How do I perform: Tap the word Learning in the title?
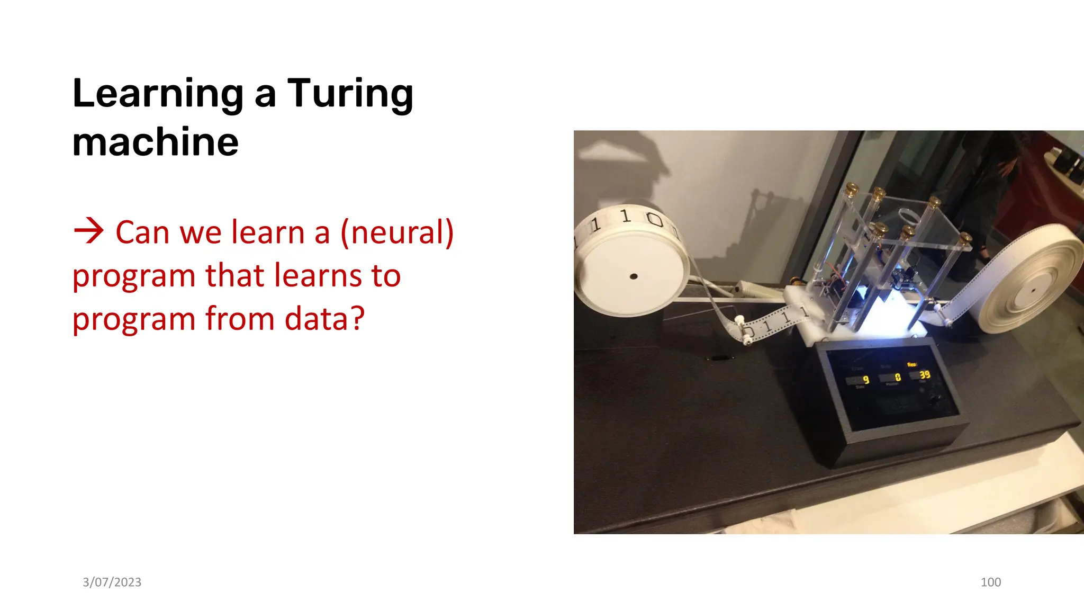click(158, 94)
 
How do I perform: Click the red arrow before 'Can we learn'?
click(88, 231)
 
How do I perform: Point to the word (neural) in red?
click(397, 232)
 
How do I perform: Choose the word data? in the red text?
click(324, 319)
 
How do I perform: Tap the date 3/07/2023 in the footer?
click(112, 582)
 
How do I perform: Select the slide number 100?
click(990, 582)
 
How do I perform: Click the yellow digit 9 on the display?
click(866, 380)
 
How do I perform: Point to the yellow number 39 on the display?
click(924, 374)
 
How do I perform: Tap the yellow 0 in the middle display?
click(898, 377)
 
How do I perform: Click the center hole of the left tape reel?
click(633, 276)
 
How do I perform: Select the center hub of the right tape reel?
click(1032, 290)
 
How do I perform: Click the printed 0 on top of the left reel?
click(655, 219)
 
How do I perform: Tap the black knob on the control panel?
click(935, 399)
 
